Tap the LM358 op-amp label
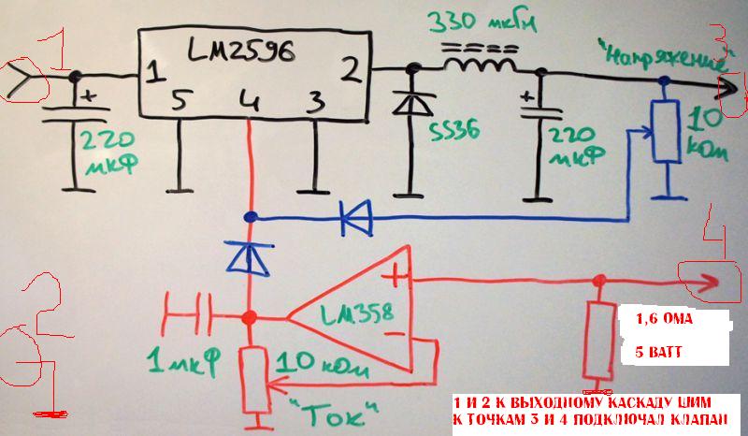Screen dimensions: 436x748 351,311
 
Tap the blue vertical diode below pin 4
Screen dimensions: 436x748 249,255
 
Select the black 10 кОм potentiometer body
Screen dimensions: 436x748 665,131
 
